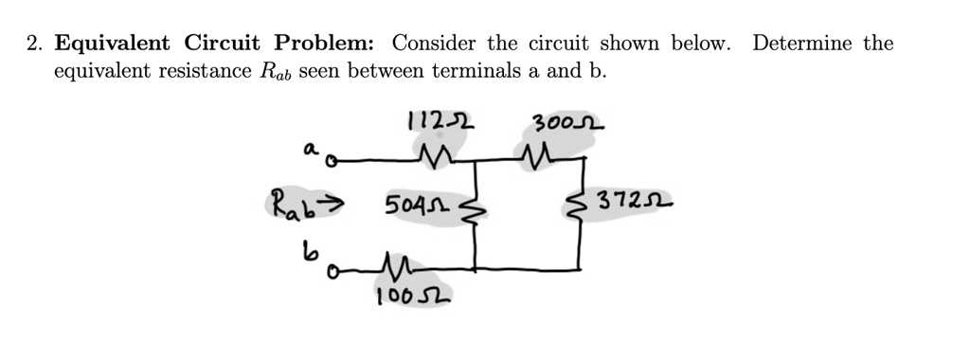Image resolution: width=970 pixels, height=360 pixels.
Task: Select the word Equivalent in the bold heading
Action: [113, 44]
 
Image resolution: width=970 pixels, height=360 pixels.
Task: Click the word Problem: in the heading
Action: [325, 44]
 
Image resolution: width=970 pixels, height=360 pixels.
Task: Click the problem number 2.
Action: [31, 44]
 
